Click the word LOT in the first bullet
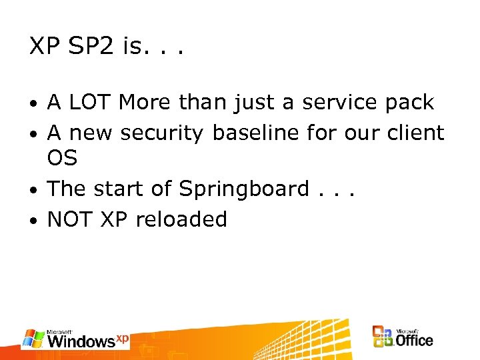(90, 103)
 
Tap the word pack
(409, 103)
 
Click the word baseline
(256, 133)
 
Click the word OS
(62, 159)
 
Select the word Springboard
(244, 189)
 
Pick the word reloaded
(181, 219)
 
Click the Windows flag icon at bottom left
(33, 339)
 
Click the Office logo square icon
(383, 337)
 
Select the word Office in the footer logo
(415, 340)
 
